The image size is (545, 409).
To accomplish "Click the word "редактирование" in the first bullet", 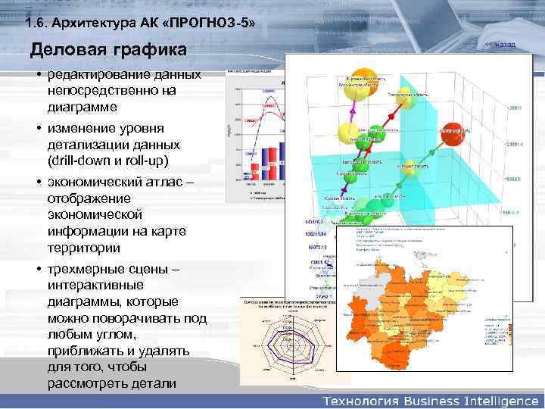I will tap(97, 74).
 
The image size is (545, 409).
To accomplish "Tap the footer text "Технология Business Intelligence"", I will tap(431, 399).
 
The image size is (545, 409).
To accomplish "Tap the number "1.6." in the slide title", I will tap(35, 23).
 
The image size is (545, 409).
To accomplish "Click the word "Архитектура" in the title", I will tap(92, 23).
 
